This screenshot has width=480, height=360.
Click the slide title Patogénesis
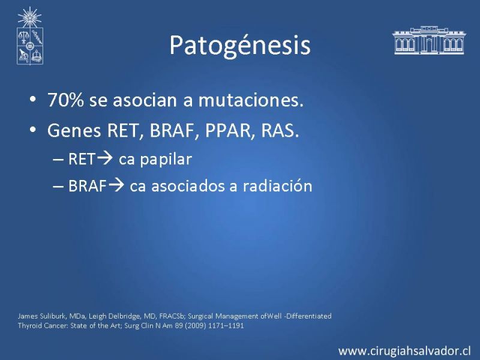point(240,46)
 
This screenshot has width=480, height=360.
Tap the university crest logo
point(29,36)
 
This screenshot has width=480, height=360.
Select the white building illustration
point(428,40)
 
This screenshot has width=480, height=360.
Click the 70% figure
point(65,100)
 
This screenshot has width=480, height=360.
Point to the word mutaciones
point(251,100)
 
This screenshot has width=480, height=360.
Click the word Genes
point(74,130)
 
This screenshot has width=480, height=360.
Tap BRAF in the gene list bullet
point(172,130)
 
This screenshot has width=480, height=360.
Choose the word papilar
point(166,160)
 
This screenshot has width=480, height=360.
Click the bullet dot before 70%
point(33,100)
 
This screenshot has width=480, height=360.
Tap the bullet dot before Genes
point(33,130)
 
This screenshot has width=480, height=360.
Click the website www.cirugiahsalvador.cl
point(404,351)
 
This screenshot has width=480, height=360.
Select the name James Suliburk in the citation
point(41,316)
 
